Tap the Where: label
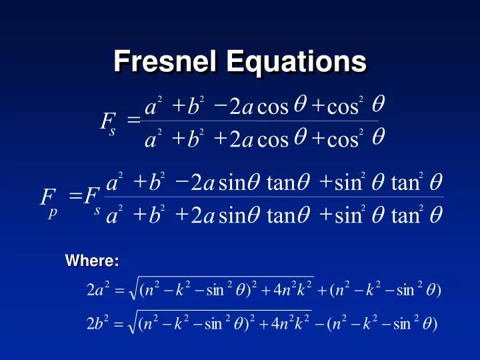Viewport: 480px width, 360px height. [x=91, y=261]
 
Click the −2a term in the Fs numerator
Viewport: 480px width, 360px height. [x=233, y=106]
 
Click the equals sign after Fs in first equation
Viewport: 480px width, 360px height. [x=133, y=121]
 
